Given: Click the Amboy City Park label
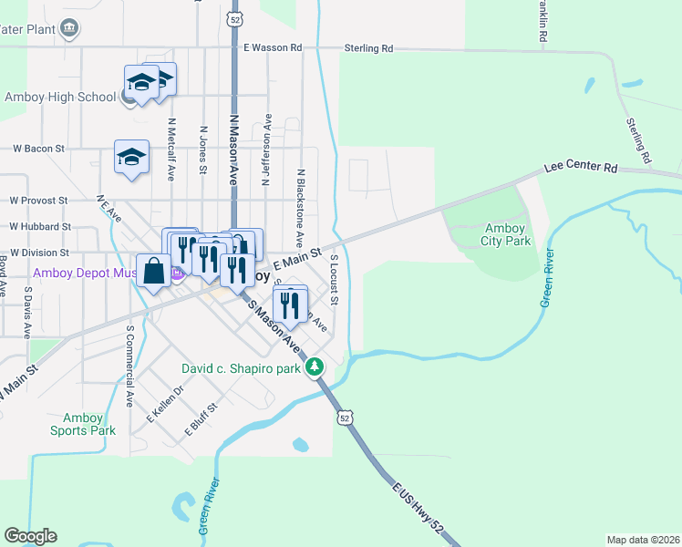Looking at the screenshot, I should [506, 235].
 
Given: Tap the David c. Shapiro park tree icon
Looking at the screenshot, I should [315, 367].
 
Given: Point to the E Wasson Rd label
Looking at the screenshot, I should [272, 47].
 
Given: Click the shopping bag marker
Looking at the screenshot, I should [154, 271].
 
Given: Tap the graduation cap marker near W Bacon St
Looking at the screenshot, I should [131, 157].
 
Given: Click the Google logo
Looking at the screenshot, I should [30, 536].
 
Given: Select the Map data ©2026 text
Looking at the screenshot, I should [642, 540].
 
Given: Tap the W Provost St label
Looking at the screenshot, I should [38, 200].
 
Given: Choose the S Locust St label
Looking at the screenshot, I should [335, 280].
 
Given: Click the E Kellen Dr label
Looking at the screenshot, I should [165, 403].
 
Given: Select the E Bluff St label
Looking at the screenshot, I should [201, 418].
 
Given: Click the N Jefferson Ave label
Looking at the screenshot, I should [266, 150].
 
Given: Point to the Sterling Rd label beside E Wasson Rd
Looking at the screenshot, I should [368, 47].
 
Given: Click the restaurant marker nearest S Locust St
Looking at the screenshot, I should [292, 308].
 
